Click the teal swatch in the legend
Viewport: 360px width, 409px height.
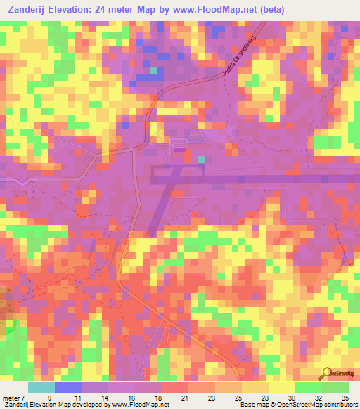click(41, 387)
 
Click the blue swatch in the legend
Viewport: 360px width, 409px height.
click(68, 387)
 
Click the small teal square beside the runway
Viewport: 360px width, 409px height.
click(201, 160)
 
